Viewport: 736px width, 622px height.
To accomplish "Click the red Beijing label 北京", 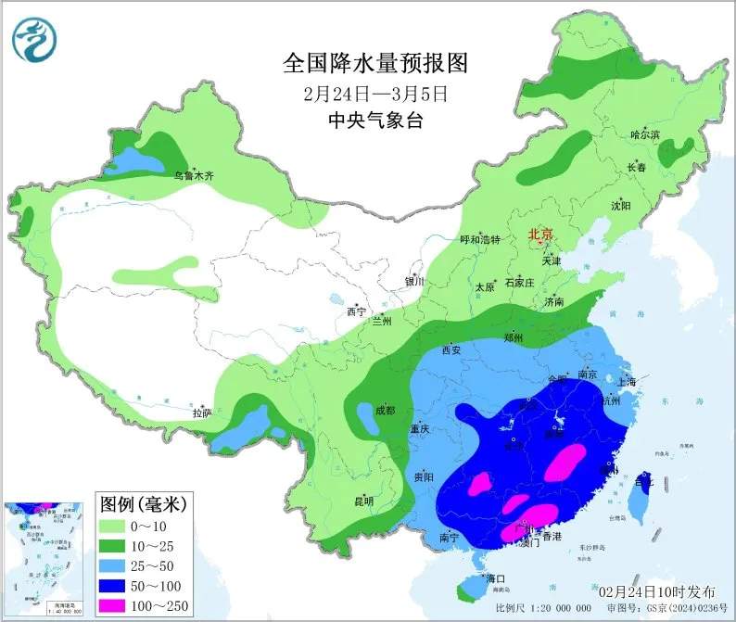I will point(540,235).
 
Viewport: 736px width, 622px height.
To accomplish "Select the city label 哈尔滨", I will point(644,135).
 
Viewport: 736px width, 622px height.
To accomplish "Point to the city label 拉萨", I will point(202,413).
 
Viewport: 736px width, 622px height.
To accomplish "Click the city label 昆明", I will point(363,501).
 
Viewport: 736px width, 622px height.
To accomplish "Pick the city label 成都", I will point(385,410).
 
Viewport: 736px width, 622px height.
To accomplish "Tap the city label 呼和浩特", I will point(480,239).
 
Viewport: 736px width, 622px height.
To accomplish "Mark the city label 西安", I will point(451,350).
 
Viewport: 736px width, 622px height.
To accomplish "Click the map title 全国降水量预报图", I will point(375,64).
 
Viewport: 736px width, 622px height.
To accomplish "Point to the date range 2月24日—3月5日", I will point(375,94).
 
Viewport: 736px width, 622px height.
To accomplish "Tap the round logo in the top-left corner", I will point(34,38).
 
